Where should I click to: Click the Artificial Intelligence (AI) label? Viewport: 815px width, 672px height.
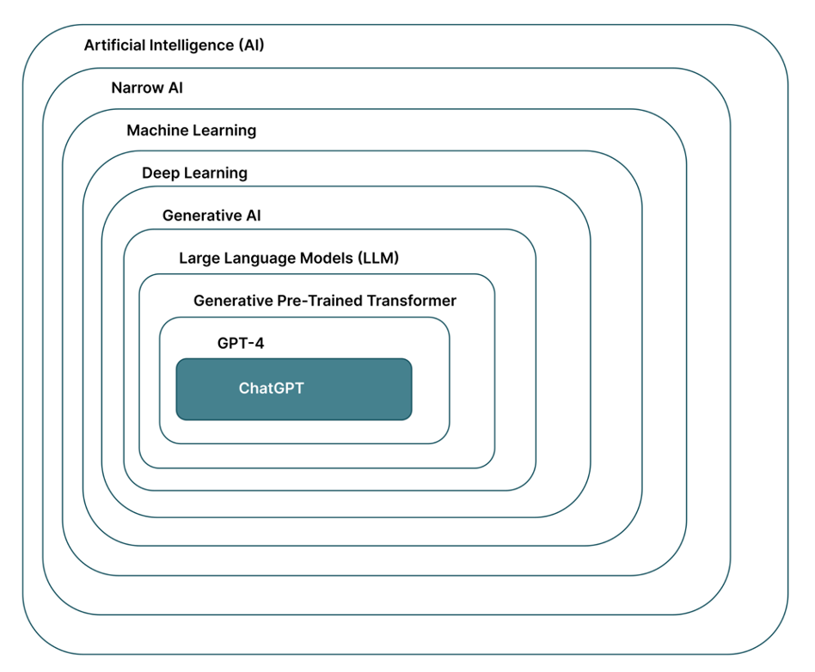[174, 46]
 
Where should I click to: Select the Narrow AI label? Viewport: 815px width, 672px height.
[147, 88]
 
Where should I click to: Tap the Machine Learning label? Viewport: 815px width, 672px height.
[191, 131]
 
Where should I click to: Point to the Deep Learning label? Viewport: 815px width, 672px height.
[194, 173]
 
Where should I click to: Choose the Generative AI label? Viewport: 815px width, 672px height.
[211, 216]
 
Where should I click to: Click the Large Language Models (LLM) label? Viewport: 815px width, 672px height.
[289, 258]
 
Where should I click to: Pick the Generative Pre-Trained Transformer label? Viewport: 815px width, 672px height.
[324, 301]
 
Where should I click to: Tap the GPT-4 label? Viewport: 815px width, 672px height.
[241, 344]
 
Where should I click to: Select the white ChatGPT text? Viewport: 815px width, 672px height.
[271, 388]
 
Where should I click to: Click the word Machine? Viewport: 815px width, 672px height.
[155, 131]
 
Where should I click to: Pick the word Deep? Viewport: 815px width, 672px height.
[160, 173]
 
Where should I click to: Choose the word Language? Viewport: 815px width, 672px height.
[259, 258]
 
